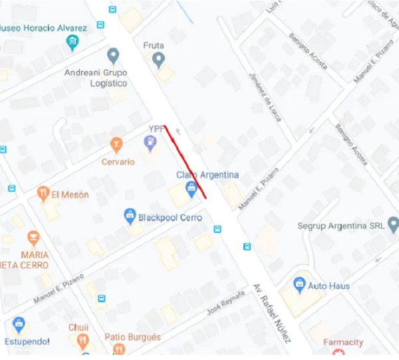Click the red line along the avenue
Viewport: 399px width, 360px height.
pyautogui.click(x=186, y=162)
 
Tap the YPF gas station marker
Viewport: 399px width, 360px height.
pyautogui.click(x=150, y=142)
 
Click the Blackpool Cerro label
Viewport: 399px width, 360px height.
pyautogui.click(x=170, y=217)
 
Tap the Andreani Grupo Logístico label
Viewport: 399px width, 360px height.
pyautogui.click(x=96, y=78)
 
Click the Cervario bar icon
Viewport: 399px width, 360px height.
pyautogui.click(x=117, y=144)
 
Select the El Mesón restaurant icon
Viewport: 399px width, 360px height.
pyautogui.click(x=43, y=194)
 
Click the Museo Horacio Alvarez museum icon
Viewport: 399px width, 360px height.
pyautogui.click(x=72, y=43)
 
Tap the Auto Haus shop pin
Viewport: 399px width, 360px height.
pyautogui.click(x=299, y=285)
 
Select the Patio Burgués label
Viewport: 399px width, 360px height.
pyautogui.click(x=132, y=337)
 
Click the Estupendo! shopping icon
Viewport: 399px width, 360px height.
pyautogui.click(x=19, y=325)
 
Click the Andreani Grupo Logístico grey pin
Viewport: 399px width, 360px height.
pyautogui.click(x=113, y=56)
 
